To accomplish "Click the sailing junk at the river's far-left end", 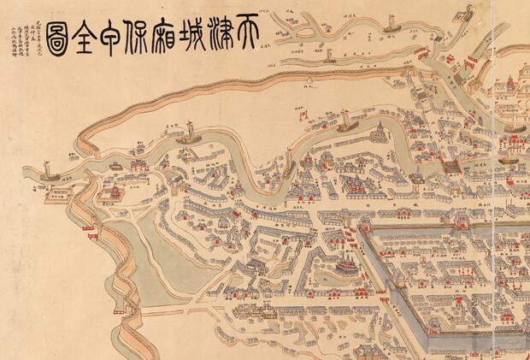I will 48,174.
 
